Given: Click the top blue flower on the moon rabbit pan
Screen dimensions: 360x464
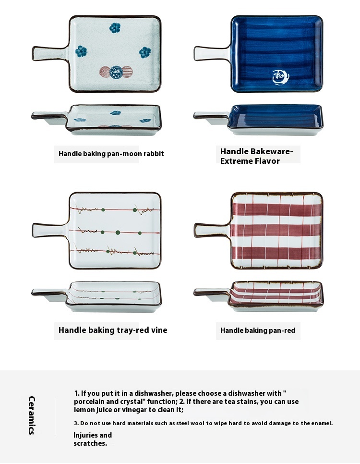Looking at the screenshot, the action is click(115, 28).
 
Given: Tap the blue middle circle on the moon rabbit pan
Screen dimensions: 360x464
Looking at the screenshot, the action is click(116, 72).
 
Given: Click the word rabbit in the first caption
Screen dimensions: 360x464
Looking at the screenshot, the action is click(154, 154).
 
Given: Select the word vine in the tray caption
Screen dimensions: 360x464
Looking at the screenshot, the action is click(159, 330).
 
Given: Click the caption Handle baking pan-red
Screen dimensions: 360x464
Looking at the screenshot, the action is click(258, 330).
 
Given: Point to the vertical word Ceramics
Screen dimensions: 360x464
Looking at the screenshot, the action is click(32, 415).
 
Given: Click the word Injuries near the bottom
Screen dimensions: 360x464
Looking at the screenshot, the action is click(85, 435).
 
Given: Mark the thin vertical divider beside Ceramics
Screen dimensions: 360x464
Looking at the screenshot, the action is click(55, 416).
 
